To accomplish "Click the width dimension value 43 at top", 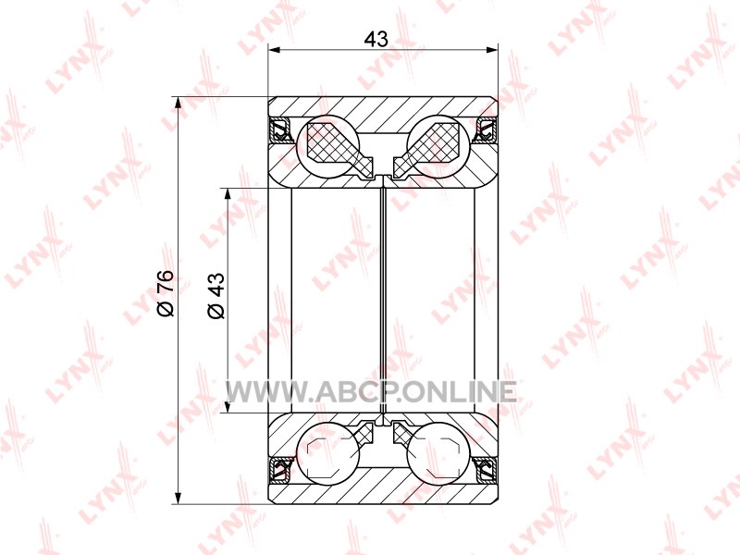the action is [x=376, y=38].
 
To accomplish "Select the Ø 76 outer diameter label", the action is [x=166, y=292].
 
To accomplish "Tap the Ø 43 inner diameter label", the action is [x=216, y=295].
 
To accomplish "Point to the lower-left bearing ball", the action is [x=329, y=452].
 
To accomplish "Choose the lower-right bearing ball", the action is [x=437, y=452].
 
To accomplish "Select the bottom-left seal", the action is [x=280, y=469].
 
